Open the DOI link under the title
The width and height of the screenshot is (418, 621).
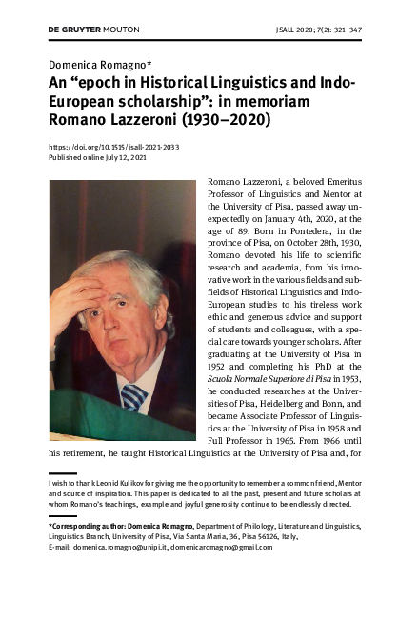coord(114,148)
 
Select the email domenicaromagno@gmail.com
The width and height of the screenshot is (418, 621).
coord(218,548)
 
